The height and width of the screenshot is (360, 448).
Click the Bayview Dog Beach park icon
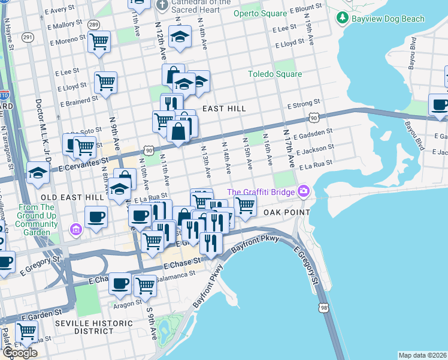(343, 18)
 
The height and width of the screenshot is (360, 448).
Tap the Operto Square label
(259, 13)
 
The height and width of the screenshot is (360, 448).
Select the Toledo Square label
(275, 74)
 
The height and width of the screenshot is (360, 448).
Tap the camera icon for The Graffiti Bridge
(304, 191)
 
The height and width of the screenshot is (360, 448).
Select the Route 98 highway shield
(324, 307)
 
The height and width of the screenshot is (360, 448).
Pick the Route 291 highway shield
(28, 37)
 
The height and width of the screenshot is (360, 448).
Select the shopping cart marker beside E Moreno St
(99, 42)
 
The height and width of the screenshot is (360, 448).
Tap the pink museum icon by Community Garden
(76, 229)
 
